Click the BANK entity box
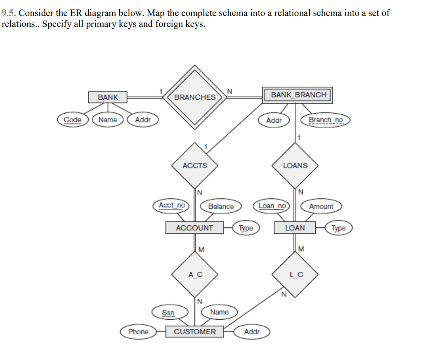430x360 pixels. [x=108, y=97]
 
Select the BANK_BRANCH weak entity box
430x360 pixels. [x=298, y=95]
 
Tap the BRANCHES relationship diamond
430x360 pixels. [x=195, y=97]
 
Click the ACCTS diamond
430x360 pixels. [x=195, y=165]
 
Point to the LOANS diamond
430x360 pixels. [x=295, y=165]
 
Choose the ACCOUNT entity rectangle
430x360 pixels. [x=194, y=228]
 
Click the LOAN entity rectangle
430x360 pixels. [x=295, y=228]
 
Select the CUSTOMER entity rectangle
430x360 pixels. [x=195, y=331]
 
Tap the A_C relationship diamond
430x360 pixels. [x=195, y=275]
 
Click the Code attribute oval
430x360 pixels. [x=72, y=119]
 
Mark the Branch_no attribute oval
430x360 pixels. [x=325, y=120]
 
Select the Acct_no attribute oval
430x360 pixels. [x=171, y=205]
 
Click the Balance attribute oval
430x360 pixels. [x=221, y=206]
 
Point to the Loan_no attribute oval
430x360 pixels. [x=272, y=206]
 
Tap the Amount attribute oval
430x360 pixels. [x=321, y=206]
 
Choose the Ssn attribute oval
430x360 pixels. [x=168, y=312]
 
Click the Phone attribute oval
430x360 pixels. [x=138, y=331]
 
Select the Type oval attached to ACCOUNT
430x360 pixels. [x=245, y=228]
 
